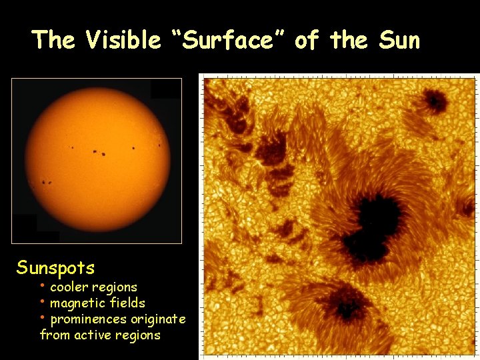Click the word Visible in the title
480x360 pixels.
click(123, 40)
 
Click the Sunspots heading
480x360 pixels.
click(56, 268)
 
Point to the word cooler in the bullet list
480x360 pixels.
click(67, 287)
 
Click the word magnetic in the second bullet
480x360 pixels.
click(76, 303)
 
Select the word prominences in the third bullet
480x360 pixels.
click(89, 319)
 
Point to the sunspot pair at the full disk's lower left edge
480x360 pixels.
click(47, 182)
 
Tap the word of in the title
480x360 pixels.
click(306, 40)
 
